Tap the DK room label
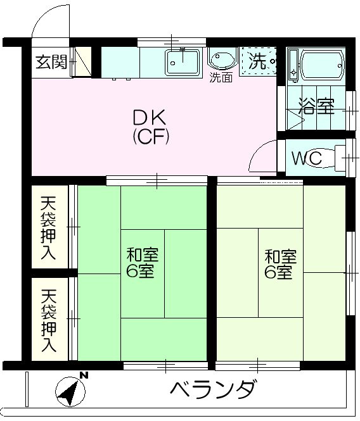[150, 117]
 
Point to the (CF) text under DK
[150, 135]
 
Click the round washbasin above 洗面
[222, 60]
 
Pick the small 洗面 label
[221, 79]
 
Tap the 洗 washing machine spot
[259, 61]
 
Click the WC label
[307, 158]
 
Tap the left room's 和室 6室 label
[142, 264]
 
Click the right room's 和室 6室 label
[280, 265]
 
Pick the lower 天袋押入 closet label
[49, 320]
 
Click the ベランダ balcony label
[213, 387]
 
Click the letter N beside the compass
[84, 376]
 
